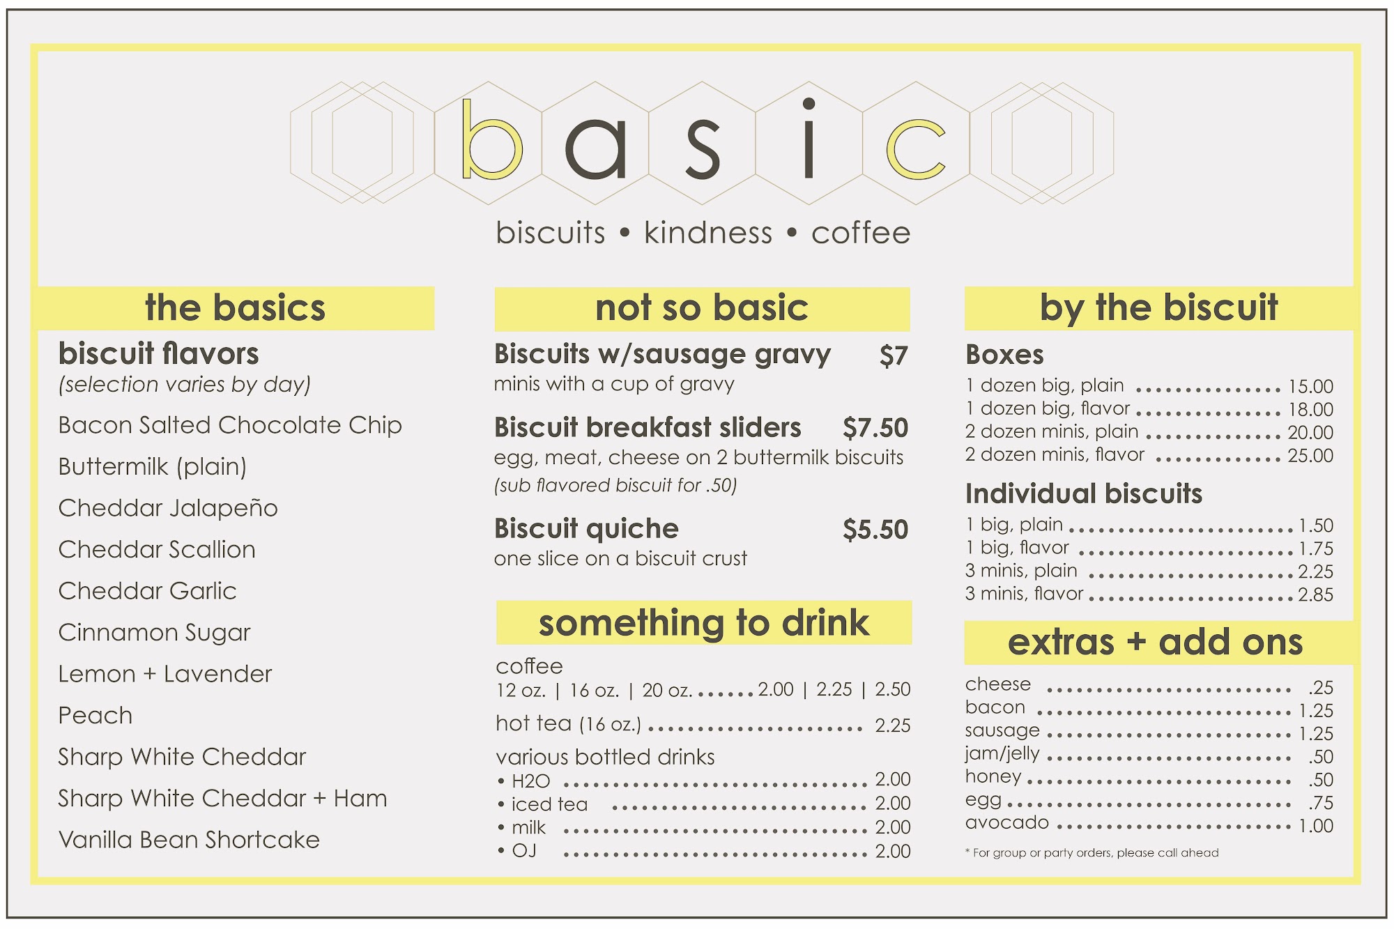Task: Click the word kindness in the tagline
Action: click(x=708, y=233)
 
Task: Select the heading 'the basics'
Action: click(x=235, y=307)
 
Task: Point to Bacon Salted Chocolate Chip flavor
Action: click(x=230, y=425)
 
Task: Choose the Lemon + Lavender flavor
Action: click(x=165, y=674)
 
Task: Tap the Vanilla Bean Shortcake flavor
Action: click(x=189, y=840)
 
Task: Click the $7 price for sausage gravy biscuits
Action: click(x=894, y=356)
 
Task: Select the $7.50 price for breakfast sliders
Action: click(x=875, y=428)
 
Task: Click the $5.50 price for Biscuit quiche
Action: click(x=875, y=530)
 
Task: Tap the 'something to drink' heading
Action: click(x=704, y=623)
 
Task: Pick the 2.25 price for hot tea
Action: click(x=893, y=725)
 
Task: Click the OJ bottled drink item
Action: click(x=524, y=851)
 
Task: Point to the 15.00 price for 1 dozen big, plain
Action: click(x=1310, y=386)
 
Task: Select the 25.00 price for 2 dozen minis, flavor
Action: click(x=1310, y=455)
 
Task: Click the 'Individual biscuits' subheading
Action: click(x=1084, y=493)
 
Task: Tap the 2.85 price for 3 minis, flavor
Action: click(x=1315, y=594)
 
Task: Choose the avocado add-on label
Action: click(x=1006, y=823)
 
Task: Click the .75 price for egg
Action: click(x=1321, y=803)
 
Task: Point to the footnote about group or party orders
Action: click(x=1092, y=852)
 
